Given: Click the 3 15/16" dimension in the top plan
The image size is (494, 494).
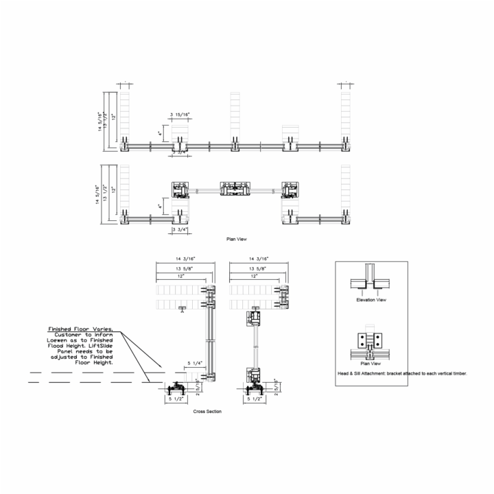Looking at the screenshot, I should point(180,116).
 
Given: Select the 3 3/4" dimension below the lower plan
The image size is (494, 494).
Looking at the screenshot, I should point(180,231).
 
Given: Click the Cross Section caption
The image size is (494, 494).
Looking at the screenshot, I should point(208,411).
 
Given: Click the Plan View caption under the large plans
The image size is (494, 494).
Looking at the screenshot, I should point(237,239).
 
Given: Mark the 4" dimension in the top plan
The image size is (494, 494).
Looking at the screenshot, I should point(161,132).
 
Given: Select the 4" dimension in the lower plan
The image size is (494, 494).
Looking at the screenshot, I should point(161,205).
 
